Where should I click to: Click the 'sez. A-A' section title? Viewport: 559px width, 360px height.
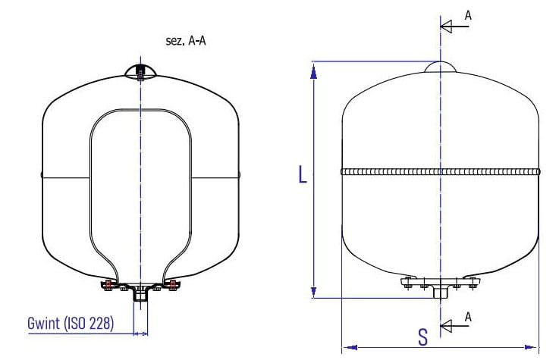tap(186, 41)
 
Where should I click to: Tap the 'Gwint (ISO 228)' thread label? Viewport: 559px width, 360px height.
tap(71, 323)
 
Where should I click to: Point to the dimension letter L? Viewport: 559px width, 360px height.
tap(303, 174)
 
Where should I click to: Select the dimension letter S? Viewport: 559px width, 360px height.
tap(422, 337)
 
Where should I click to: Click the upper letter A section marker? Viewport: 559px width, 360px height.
tap(468, 15)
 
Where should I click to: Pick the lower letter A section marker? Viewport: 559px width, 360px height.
tap(468, 317)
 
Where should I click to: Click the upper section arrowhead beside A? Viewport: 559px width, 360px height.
tap(446, 27)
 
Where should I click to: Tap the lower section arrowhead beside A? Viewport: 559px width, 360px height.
tap(446, 325)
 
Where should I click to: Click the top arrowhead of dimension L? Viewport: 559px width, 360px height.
tap(314, 72)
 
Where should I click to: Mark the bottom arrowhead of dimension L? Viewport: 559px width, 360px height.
tap(314, 292)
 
